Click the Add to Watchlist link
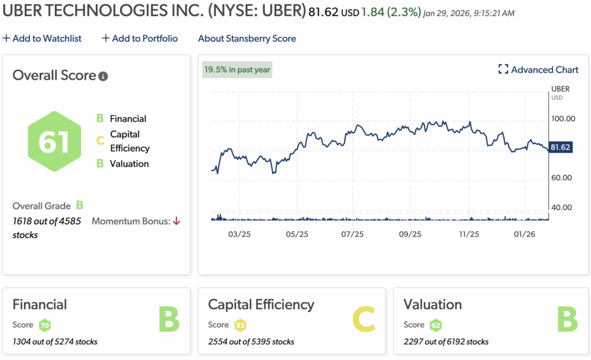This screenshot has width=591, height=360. (x=42, y=39)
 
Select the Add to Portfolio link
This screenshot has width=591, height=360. (x=140, y=39)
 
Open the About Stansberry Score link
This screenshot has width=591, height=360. (x=246, y=39)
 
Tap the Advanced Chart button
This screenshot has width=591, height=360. (x=538, y=70)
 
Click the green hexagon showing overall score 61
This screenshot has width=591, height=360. (x=54, y=141)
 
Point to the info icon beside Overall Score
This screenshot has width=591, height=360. (x=103, y=76)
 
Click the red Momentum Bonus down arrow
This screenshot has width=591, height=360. (x=177, y=221)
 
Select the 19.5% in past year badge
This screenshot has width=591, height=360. (x=237, y=70)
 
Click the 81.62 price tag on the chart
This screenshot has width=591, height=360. (x=560, y=148)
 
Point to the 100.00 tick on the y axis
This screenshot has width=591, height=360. (x=563, y=119)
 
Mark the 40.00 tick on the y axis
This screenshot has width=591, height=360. (x=563, y=207)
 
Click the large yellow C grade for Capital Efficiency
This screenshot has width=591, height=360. (x=363, y=319)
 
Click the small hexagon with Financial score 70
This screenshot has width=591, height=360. (x=44, y=325)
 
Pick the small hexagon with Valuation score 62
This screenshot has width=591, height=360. (x=436, y=325)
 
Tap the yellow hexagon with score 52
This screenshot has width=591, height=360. (x=240, y=325)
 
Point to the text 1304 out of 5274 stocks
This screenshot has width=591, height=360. (x=55, y=342)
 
